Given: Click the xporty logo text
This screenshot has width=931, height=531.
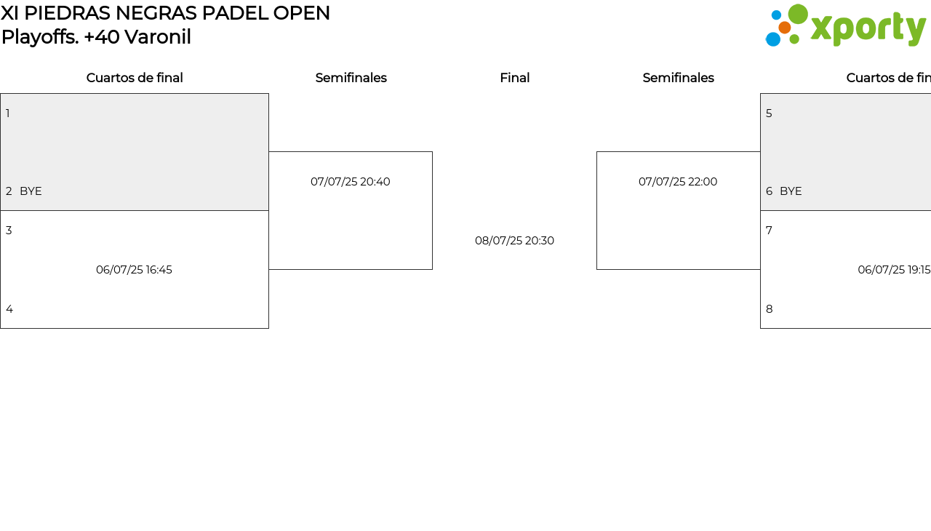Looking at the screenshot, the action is pyautogui.click(x=868, y=28).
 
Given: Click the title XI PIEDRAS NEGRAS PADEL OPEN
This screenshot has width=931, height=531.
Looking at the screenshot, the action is pyautogui.click(x=165, y=13).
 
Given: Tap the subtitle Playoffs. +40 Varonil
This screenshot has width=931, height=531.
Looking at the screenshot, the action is pyautogui.click(x=96, y=37).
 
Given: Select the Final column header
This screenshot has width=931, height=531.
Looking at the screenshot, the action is pyautogui.click(x=514, y=78).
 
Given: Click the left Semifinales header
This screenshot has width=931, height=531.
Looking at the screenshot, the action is pyautogui.click(x=351, y=78).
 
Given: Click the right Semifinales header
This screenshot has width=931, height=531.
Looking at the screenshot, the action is pyautogui.click(x=679, y=78).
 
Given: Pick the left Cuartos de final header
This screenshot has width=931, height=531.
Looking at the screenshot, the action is pyautogui.click(x=135, y=78).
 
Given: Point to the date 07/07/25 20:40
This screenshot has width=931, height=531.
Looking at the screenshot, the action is pyautogui.click(x=351, y=182).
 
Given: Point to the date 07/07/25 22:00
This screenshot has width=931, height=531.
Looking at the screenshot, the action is pyautogui.click(x=678, y=182).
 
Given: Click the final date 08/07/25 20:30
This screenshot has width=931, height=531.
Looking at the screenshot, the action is pyautogui.click(x=514, y=241).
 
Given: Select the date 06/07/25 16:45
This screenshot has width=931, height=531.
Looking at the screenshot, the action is pyautogui.click(x=134, y=270).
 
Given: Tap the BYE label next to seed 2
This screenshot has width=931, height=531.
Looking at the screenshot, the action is pyautogui.click(x=31, y=191).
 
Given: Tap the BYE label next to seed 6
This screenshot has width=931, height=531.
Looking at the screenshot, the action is pyautogui.click(x=791, y=191).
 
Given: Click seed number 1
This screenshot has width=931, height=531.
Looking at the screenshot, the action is pyautogui.click(x=8, y=113).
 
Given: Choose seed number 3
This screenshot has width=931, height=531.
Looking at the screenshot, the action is pyautogui.click(x=9, y=231).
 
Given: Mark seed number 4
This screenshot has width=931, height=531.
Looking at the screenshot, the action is pyautogui.click(x=9, y=309).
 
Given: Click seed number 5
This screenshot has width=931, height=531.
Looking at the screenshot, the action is pyautogui.click(x=769, y=113).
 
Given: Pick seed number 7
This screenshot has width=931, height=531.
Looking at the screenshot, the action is pyautogui.click(x=769, y=231).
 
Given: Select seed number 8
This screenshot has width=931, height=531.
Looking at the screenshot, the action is pyautogui.click(x=770, y=309).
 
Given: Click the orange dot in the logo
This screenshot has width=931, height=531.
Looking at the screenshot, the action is pyautogui.click(x=784, y=28).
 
